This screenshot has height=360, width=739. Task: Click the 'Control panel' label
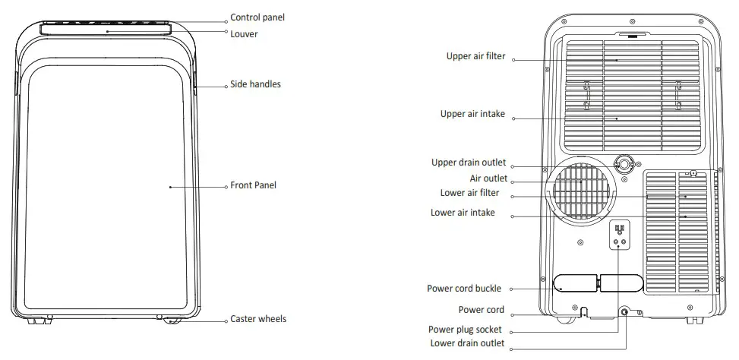point(257,17)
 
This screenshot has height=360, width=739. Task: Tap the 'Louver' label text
point(244,33)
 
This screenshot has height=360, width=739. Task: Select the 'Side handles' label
point(255,84)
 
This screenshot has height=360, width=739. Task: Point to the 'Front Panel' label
point(253,185)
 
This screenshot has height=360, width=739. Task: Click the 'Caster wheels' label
point(258,319)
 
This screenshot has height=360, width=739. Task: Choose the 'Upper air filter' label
point(476,56)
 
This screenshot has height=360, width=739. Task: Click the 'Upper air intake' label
point(472,115)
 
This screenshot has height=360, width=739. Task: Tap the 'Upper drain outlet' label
point(469,163)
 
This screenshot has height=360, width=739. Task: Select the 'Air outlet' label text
point(488,178)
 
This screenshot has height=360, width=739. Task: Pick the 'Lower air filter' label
point(475,193)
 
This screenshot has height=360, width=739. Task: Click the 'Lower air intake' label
point(463,213)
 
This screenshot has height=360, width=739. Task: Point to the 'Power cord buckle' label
point(465,289)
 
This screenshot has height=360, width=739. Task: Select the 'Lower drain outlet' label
point(467,343)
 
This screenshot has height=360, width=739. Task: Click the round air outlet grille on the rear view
point(581,191)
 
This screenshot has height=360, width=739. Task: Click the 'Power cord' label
point(482,310)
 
